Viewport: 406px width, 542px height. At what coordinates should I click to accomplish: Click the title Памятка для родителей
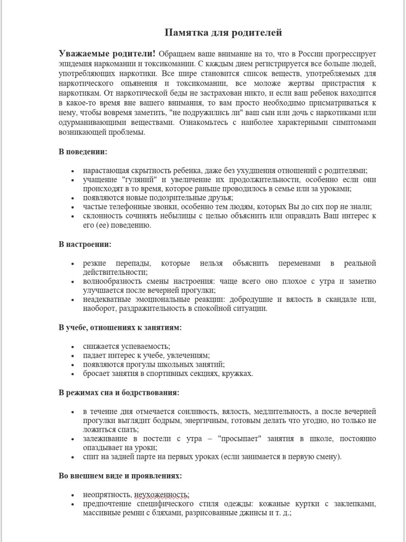tap(223, 33)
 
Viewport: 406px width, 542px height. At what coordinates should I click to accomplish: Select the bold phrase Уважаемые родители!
tap(107, 54)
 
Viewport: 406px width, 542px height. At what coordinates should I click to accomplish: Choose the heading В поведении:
tap(83, 152)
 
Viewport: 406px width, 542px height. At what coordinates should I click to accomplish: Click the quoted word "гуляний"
tap(140, 180)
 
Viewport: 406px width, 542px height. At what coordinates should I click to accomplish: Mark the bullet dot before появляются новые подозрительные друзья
tap(73, 198)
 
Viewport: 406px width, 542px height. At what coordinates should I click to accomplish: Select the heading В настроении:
tap(85, 244)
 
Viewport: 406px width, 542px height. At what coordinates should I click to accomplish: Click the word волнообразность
tap(109, 282)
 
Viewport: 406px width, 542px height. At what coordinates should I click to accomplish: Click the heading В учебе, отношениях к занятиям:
tap(120, 327)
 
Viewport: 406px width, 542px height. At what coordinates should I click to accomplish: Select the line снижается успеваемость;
tap(126, 346)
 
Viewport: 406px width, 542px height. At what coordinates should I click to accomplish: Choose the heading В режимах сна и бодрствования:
tap(119, 393)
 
